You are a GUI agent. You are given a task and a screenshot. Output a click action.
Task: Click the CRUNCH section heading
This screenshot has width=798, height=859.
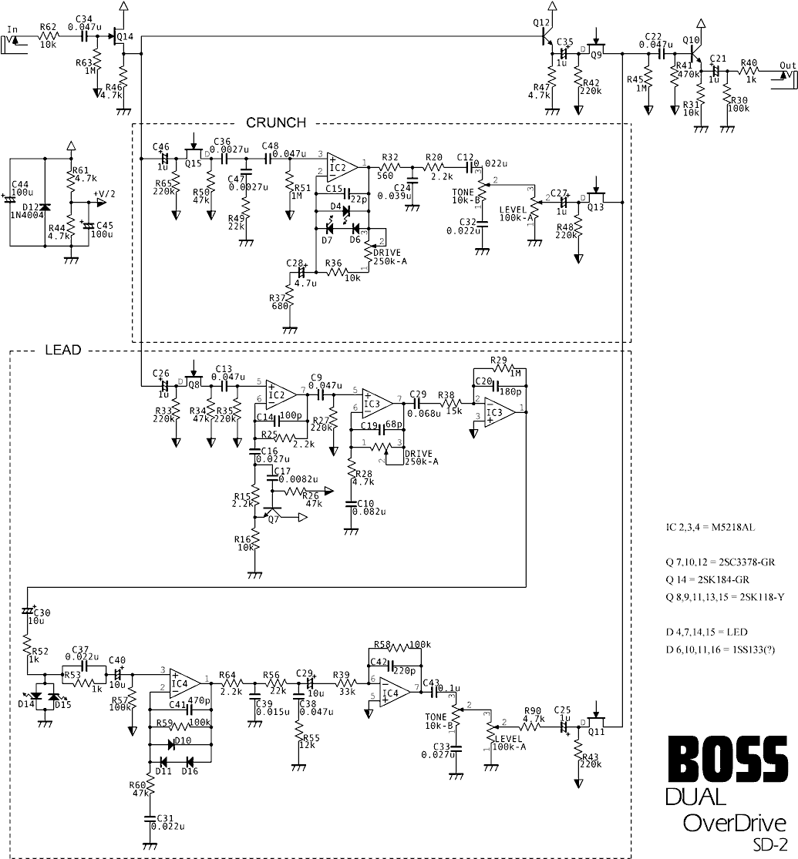[x=276, y=122]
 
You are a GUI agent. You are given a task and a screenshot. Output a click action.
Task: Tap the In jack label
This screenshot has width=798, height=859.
[x=12, y=30]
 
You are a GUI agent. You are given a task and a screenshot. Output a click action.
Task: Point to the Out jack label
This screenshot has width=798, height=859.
[x=787, y=65]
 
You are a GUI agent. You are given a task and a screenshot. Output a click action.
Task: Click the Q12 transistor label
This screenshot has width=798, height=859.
[x=541, y=22]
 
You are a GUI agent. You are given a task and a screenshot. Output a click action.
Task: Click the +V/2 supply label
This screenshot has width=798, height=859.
[x=103, y=194]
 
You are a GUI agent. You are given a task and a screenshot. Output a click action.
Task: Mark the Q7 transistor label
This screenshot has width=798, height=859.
[x=273, y=519]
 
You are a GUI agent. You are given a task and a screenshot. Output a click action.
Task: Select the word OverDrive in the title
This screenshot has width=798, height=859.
[x=734, y=823]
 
